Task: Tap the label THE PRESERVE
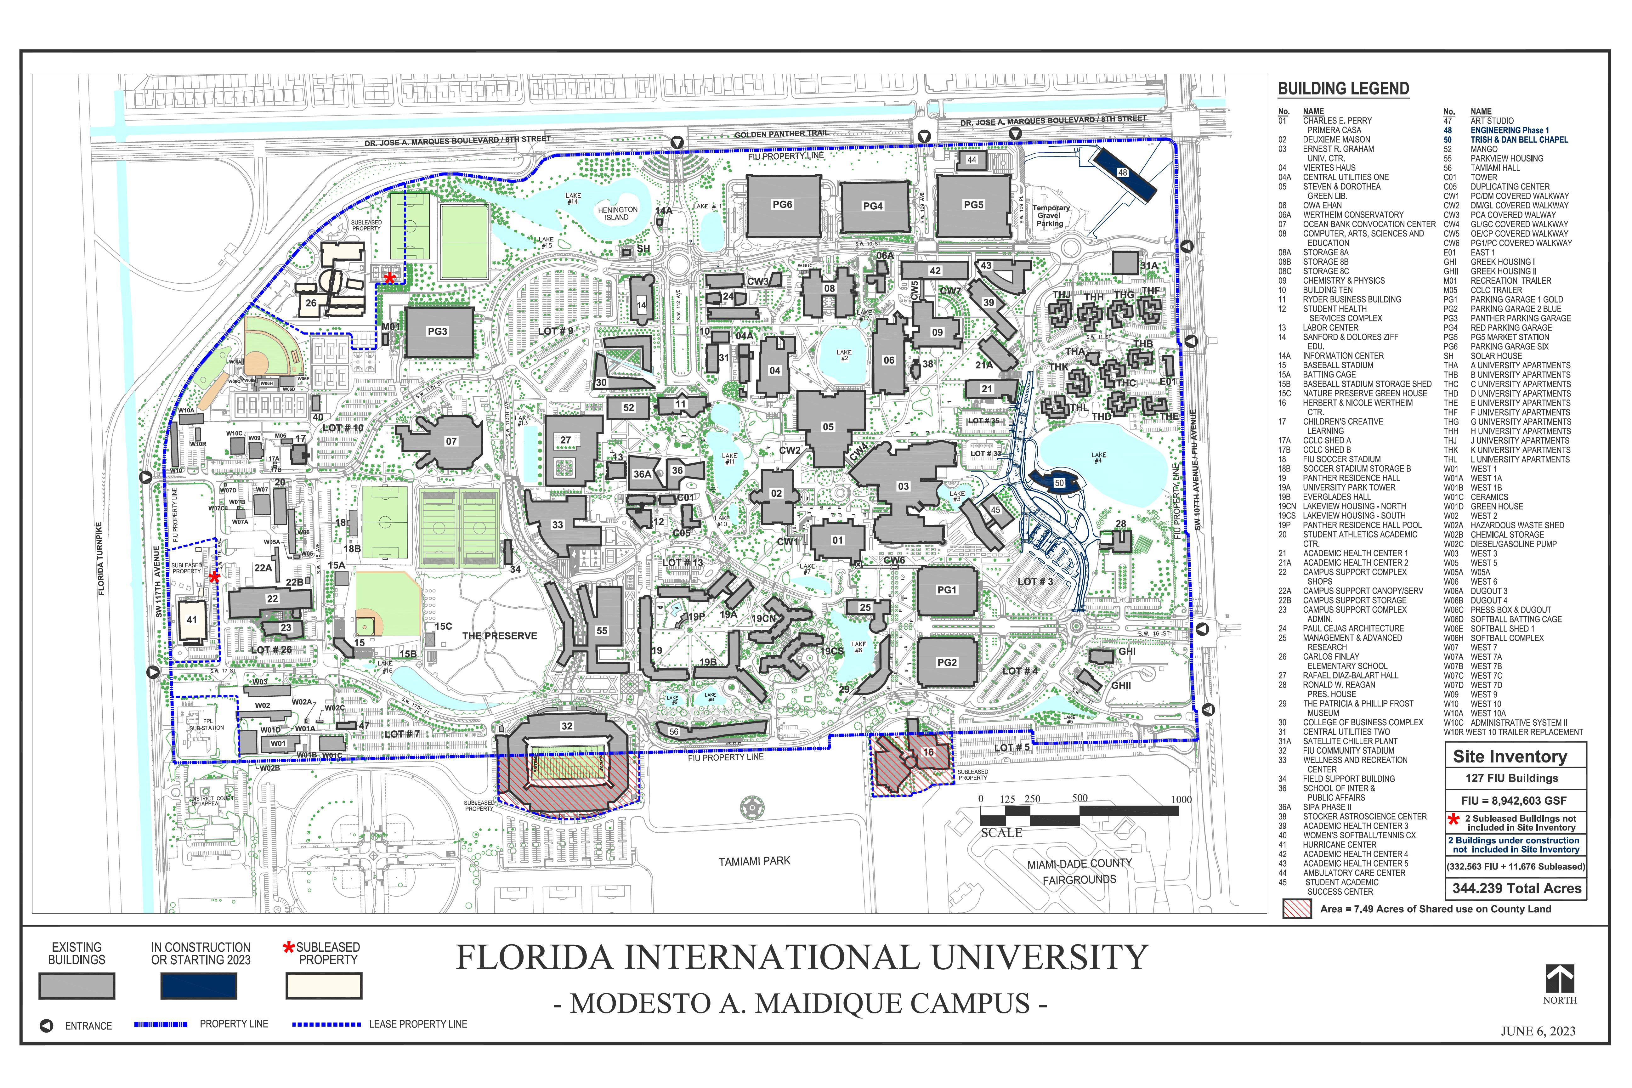coord(500,636)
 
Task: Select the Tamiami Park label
coord(754,861)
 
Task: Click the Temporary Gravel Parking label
coord(1051,216)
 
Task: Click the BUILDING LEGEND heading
coord(1343,89)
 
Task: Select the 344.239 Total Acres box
coord(1517,888)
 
